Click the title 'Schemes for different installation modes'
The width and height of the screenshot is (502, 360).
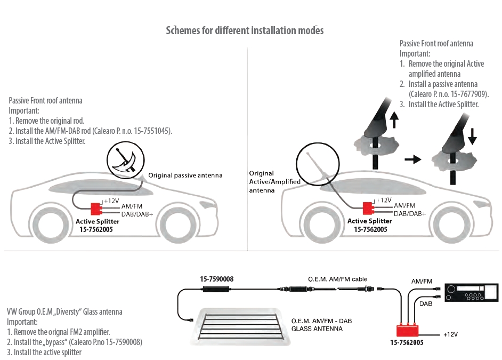(x=245, y=30)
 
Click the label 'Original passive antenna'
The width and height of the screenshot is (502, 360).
(x=185, y=175)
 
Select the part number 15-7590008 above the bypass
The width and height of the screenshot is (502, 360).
(x=216, y=279)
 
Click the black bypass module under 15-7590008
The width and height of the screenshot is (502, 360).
(x=216, y=289)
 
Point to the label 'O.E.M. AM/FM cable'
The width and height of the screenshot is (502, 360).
(x=338, y=279)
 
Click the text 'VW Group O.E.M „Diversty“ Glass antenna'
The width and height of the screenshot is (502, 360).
(x=64, y=312)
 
